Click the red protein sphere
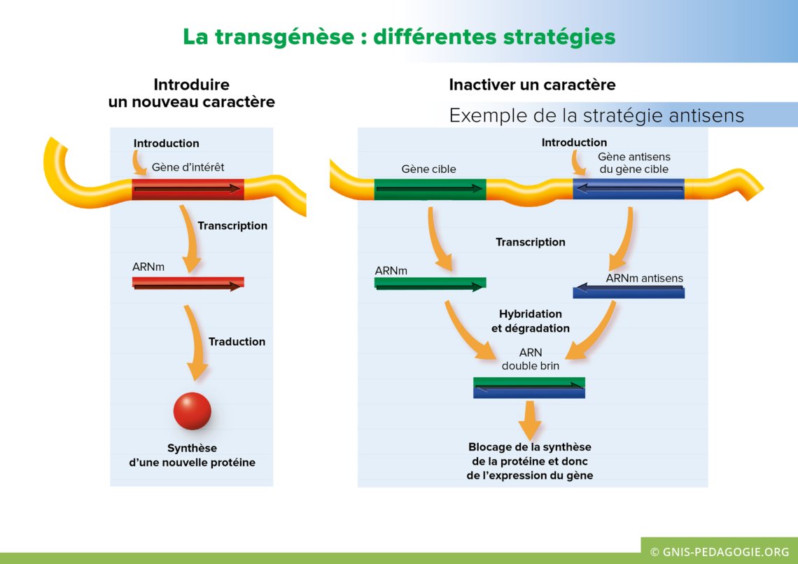pyautogui.click(x=192, y=411)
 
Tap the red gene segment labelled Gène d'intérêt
pyautogui.click(x=188, y=189)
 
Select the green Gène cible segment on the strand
pyautogui.click(x=429, y=189)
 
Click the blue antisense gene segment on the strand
pyautogui.click(x=628, y=189)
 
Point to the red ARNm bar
pyautogui.click(x=188, y=283)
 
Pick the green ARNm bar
pyautogui.click(x=430, y=284)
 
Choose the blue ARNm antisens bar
pyautogui.click(x=628, y=292)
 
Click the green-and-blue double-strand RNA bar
pyautogui.click(x=528, y=388)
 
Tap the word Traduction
pyautogui.click(x=237, y=341)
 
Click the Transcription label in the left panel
pyautogui.click(x=232, y=226)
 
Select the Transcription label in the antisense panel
pyautogui.click(x=530, y=242)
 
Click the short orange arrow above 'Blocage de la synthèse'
pyautogui.click(x=529, y=419)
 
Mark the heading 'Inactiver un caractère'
pyautogui.click(x=532, y=85)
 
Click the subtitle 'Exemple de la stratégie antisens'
pyautogui.click(x=596, y=115)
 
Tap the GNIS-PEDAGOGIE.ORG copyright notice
pyautogui.click(x=719, y=551)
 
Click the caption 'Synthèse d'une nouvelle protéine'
pyautogui.click(x=192, y=456)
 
